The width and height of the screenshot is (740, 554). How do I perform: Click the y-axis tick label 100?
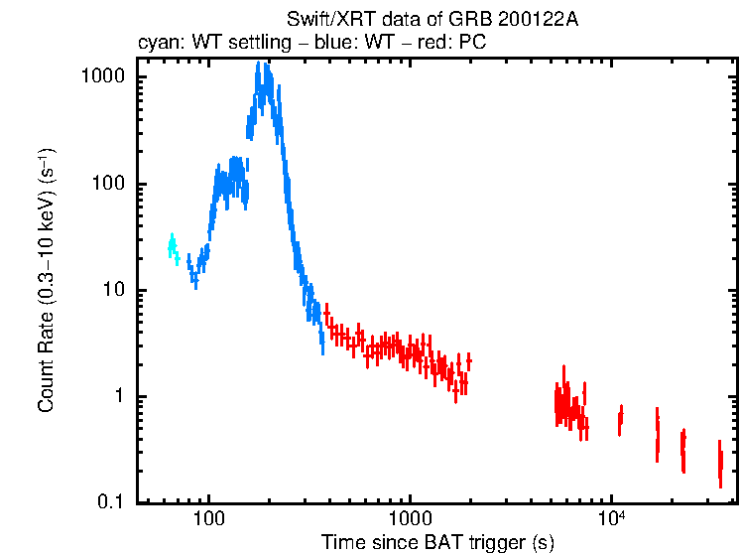(114, 184)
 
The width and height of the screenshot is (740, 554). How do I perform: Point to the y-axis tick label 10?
(118, 290)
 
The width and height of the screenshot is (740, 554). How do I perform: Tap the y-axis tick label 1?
(123, 396)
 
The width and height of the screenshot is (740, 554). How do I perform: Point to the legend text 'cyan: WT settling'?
(198, 43)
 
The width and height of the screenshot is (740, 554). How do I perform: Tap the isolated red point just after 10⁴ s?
(620, 418)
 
